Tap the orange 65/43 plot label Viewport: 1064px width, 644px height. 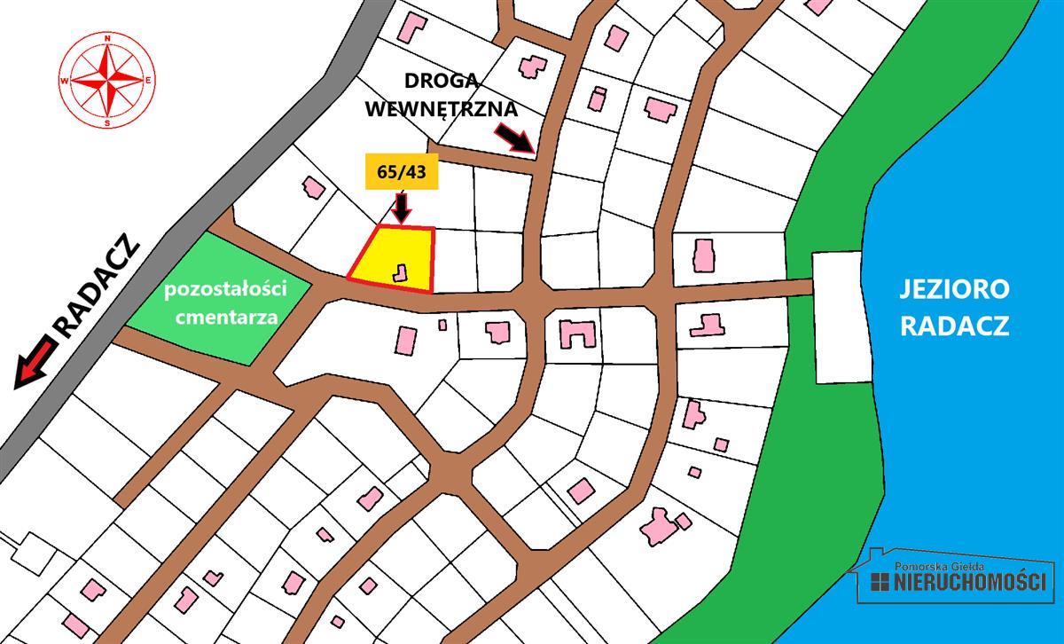pyautogui.click(x=402, y=172)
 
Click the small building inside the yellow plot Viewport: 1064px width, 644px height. pyautogui.click(x=402, y=273)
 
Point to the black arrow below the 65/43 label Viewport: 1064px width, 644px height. pyautogui.click(x=402, y=208)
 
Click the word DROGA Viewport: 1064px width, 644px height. pyautogui.click(x=442, y=80)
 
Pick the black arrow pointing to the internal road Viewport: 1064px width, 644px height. pyautogui.click(x=513, y=137)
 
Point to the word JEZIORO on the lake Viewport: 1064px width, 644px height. pyautogui.click(x=954, y=290)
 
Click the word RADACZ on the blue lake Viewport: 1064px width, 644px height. pyautogui.click(x=954, y=326)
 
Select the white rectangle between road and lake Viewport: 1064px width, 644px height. pyautogui.click(x=837, y=317)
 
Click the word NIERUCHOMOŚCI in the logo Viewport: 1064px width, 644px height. pyautogui.click(x=970, y=582)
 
